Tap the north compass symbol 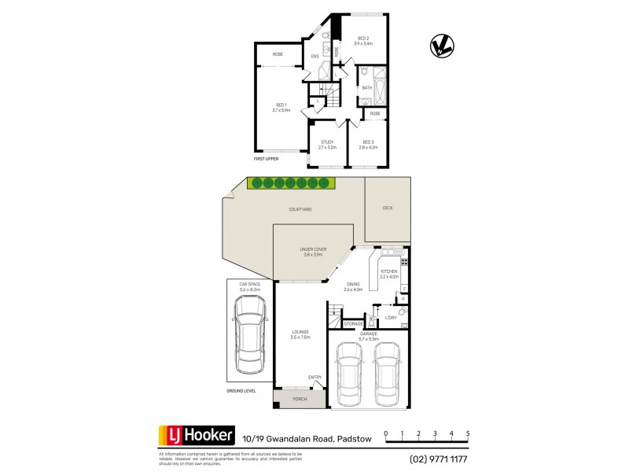point(442,47)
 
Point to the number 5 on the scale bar point(468,433)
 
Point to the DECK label point(387,208)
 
